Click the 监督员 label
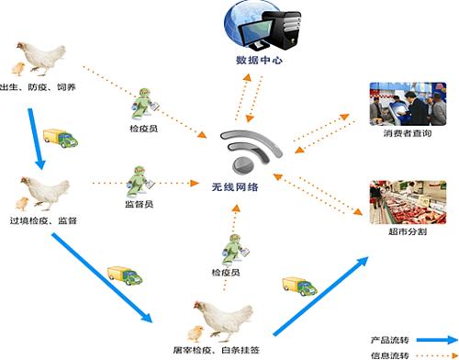click(138, 205)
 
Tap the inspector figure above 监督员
click(137, 178)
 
